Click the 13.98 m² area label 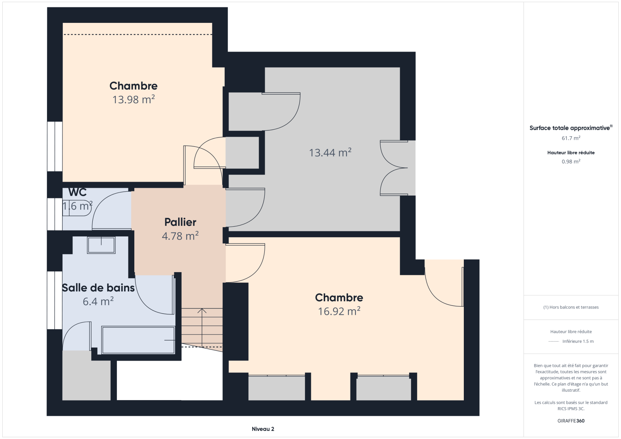[134, 99]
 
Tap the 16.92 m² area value [339, 311]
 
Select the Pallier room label [180, 222]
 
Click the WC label [77, 192]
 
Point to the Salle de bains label [98, 288]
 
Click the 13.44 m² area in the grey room [330, 153]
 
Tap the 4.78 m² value [180, 236]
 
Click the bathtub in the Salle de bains [138, 340]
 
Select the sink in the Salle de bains [101, 245]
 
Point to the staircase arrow [202, 328]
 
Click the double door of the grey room [394, 168]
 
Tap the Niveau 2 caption [263, 429]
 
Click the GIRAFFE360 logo [571, 421]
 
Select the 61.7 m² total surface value [571, 138]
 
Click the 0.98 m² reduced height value [571, 161]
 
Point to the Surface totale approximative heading [571, 128]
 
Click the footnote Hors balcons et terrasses [571, 307]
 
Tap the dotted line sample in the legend [553, 342]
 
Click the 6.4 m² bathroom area [98, 302]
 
